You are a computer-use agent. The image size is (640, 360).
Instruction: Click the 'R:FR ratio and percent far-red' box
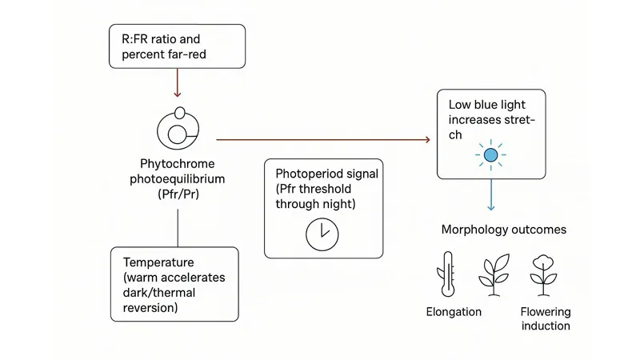(x=178, y=46)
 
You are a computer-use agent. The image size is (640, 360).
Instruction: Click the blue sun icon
(x=490, y=154)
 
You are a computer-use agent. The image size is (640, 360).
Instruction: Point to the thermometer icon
(x=447, y=274)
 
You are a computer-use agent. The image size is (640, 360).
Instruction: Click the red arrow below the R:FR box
(x=178, y=83)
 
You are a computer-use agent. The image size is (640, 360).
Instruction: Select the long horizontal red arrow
(x=324, y=139)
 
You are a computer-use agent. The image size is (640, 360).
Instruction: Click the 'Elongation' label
(x=454, y=311)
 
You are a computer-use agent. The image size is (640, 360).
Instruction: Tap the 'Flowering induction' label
(x=545, y=318)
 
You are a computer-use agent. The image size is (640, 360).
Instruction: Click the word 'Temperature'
(x=158, y=262)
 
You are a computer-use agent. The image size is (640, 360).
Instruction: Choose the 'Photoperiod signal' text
(x=326, y=174)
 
